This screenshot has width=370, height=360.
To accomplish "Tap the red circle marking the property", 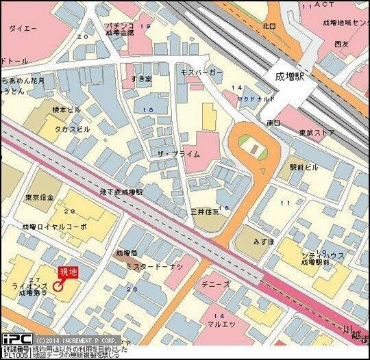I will [59, 287].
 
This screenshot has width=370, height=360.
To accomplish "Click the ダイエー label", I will [23, 29].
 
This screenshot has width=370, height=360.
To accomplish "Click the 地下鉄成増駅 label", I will [121, 192].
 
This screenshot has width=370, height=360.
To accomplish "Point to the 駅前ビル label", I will [304, 166].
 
